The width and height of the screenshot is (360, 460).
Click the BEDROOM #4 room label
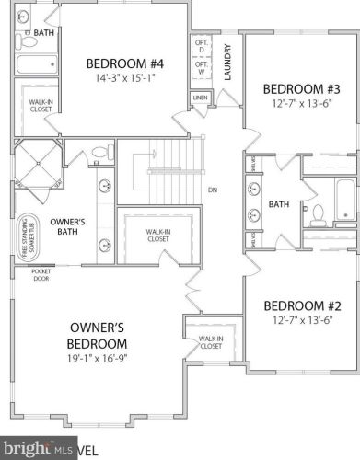point(125,63)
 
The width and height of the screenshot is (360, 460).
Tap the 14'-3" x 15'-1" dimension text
point(125,78)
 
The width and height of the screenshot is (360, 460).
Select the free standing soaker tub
point(26,237)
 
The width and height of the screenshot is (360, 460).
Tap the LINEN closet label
point(200,97)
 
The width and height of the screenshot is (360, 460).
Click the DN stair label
point(211,190)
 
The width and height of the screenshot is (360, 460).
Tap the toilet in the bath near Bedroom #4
point(28,41)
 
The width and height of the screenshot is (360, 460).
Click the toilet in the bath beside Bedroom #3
point(318,214)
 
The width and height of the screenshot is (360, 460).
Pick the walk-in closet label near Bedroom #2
point(211,343)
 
